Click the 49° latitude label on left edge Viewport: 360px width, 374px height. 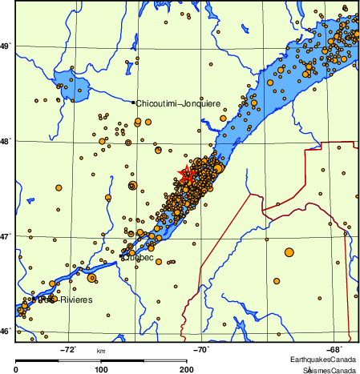pos(6,46)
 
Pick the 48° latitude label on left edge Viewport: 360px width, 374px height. pos(6,142)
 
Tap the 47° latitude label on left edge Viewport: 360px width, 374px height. pos(6,237)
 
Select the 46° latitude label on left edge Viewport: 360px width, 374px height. pos(6,331)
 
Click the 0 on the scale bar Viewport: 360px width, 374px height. pos(17,369)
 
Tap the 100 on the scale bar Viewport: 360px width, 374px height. pos(101,369)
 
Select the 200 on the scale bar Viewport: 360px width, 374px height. pos(186,369)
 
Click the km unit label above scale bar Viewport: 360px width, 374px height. pos(101,351)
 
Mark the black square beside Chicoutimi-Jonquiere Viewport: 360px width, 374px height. pos(133,103)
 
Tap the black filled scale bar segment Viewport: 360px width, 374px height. pos(59,359)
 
